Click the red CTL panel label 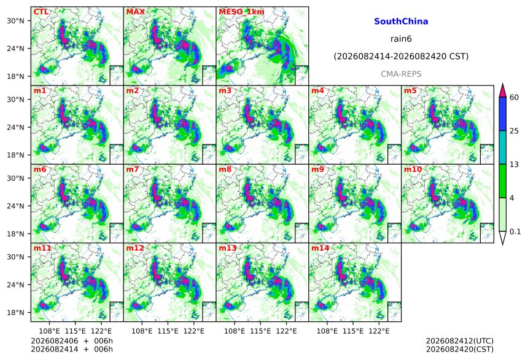[41, 12]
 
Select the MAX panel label [135, 12]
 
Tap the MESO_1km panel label [241, 12]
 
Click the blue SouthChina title [401, 22]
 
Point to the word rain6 [401, 39]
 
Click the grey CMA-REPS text [401, 74]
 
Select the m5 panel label [410, 91]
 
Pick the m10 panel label [413, 169]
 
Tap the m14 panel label [320, 248]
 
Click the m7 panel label [133, 169]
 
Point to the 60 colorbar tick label [514, 98]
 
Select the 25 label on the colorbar [514, 131]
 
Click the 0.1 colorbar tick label [515, 232]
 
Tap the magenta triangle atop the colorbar [503, 91]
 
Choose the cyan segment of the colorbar [503, 147]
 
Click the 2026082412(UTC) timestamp [460, 341]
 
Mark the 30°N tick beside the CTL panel [15, 21]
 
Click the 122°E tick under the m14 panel [379, 331]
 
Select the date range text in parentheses [401, 57]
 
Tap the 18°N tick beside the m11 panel [15, 313]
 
